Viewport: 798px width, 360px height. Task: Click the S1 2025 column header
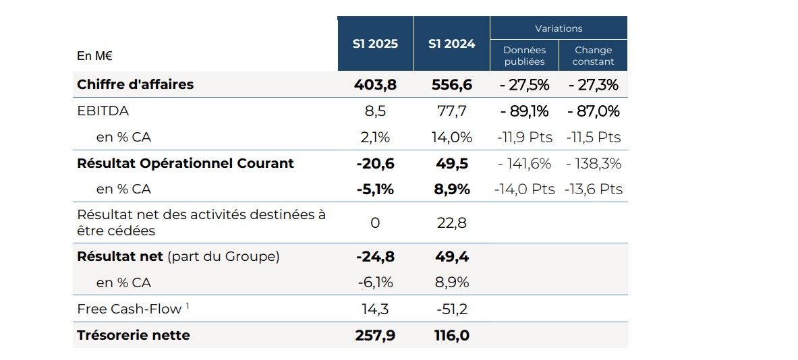(x=375, y=44)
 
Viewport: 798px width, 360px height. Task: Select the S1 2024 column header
(x=451, y=44)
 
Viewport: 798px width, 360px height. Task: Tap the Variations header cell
(x=559, y=28)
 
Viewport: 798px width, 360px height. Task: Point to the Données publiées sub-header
(x=524, y=55)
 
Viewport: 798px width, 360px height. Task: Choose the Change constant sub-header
(x=593, y=55)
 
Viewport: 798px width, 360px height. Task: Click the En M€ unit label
(x=94, y=56)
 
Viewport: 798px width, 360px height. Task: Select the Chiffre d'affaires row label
(x=136, y=84)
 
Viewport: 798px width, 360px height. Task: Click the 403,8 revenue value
(x=375, y=85)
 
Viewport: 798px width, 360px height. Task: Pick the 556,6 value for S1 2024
(x=451, y=85)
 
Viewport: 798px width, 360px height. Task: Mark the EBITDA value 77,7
(x=451, y=111)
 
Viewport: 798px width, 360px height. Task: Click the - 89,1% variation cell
(x=525, y=111)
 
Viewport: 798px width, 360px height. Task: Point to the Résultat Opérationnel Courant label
(x=186, y=163)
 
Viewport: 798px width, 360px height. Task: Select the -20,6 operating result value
(x=375, y=164)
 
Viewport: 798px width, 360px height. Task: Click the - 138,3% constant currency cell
(x=593, y=164)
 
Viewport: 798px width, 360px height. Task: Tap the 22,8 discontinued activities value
(x=451, y=222)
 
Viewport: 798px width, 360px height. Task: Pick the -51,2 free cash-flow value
(x=451, y=309)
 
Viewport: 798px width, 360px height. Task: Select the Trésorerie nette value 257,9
(x=375, y=336)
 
